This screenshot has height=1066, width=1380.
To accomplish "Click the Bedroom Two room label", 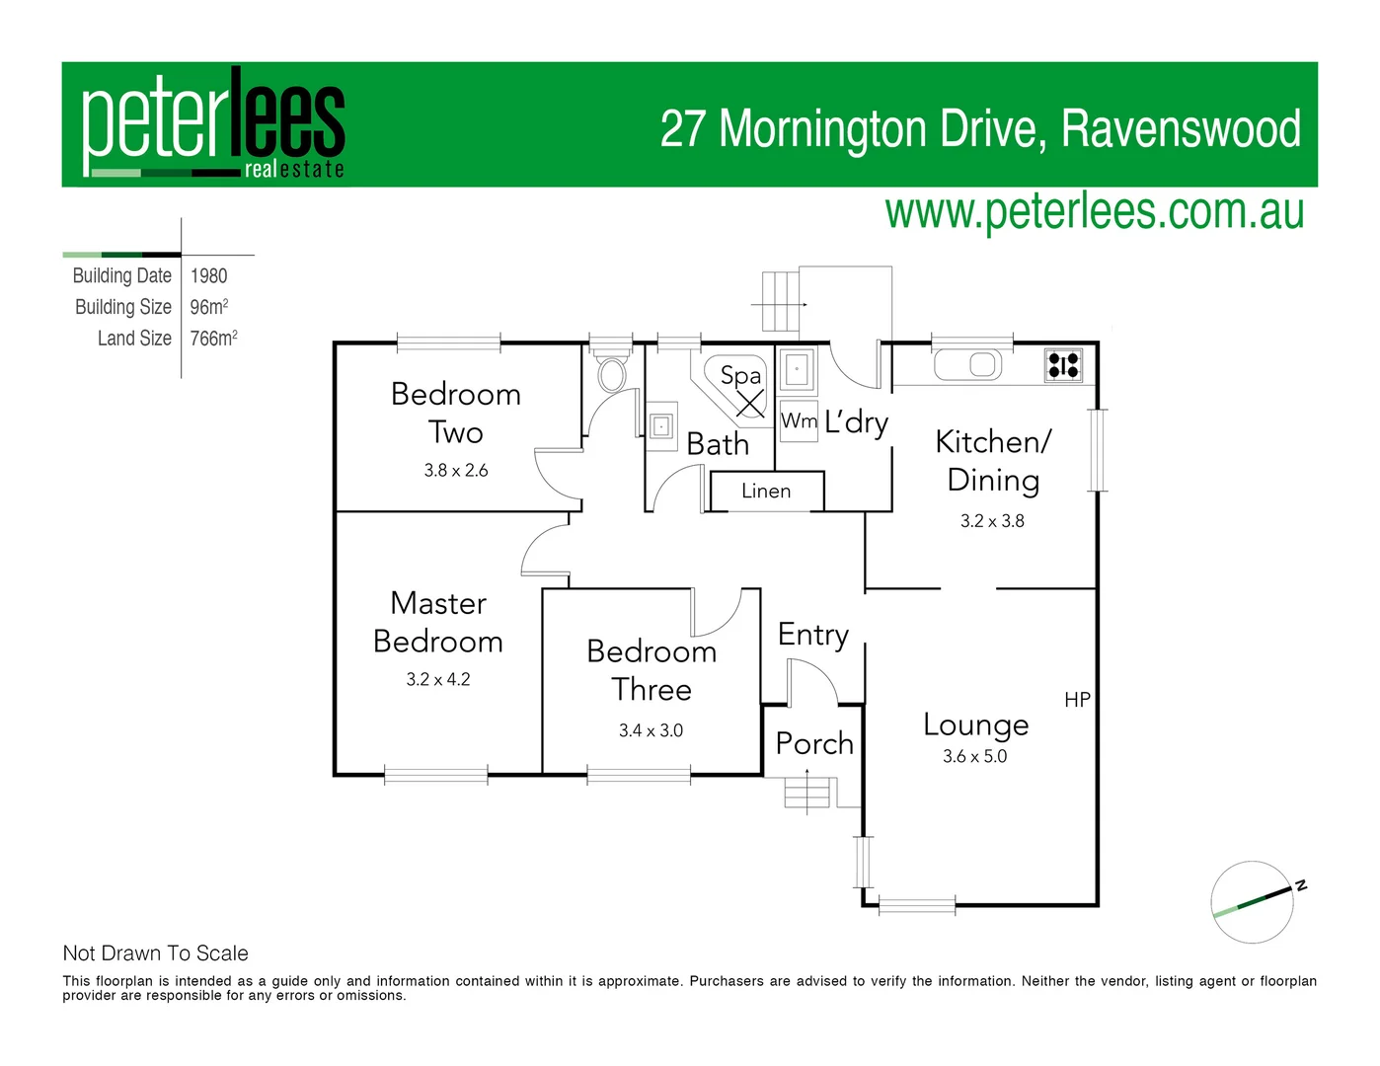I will (456, 413).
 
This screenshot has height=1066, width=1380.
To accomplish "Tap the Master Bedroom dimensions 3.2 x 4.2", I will (438, 679).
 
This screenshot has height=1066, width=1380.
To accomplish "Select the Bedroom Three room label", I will (652, 669).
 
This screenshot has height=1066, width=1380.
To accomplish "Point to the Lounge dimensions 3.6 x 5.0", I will (974, 756).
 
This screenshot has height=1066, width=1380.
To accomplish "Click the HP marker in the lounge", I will (1077, 700).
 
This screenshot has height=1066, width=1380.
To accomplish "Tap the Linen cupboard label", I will (766, 491).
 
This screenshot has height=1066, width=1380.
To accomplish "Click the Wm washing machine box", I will (799, 420).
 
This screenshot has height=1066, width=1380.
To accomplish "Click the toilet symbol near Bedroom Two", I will (612, 375).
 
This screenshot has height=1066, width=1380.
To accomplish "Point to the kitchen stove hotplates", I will (1063, 365).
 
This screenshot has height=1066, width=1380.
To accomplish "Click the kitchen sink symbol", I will (968, 364).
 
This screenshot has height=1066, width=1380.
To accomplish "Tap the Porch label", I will (814, 742).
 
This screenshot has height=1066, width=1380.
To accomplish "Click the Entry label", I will (813, 635).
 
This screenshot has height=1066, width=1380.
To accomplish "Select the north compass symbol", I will (1254, 902).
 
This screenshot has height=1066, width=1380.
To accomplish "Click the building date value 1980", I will (208, 276).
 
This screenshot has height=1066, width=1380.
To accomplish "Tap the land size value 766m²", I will (213, 339).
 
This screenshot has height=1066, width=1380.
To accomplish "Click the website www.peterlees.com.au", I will (1094, 211).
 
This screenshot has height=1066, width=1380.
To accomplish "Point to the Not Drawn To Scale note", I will (156, 953).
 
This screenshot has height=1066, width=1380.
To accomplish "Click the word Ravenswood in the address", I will (1181, 129).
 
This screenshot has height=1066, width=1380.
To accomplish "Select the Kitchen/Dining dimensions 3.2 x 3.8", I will (992, 521).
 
